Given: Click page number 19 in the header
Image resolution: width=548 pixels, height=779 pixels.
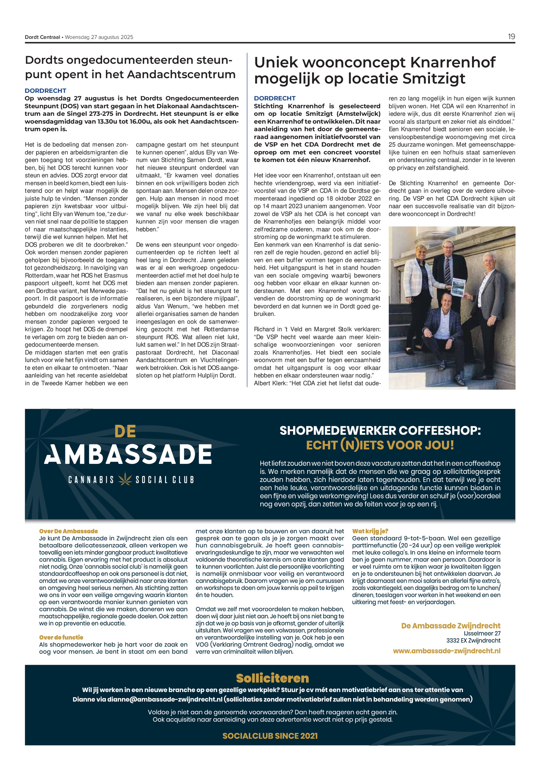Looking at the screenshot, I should pos(511,37).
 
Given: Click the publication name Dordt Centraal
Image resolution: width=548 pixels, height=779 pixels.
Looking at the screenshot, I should pos(42,37).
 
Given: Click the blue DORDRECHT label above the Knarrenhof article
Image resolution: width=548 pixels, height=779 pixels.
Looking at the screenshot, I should pos(275,98).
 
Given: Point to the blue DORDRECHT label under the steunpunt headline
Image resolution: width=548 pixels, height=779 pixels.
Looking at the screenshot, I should pos(46,91).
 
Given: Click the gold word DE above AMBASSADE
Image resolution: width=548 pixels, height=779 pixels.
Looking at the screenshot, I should pos(125,431).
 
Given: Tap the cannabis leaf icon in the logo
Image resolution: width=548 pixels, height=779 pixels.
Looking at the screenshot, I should pos(125,479).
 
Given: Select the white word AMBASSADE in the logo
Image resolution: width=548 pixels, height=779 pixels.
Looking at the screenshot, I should pos(128,454).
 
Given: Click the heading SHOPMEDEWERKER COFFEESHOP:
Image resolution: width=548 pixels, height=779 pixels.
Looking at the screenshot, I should pos(380,431).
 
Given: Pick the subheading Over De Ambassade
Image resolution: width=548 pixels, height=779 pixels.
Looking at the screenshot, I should pos(68,531).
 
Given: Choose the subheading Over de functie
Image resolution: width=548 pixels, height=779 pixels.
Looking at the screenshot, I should pos(61,637).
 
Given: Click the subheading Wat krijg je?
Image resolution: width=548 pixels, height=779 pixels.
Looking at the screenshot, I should pos(370,531).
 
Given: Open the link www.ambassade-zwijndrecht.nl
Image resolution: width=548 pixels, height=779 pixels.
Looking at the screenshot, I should pos(447,651).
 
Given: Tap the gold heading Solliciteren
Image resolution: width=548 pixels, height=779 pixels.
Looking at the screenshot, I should pos(272,678).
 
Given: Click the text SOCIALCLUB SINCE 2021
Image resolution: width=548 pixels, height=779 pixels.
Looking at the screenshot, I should pos(270,736).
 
